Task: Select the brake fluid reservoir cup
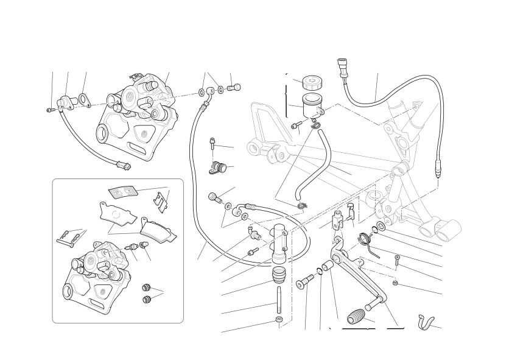pos(312,104)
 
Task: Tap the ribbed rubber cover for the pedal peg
pos(357,317)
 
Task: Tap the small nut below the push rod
pos(279,321)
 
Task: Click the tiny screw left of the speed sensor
pos(50,110)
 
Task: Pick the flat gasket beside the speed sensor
pos(83,100)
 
